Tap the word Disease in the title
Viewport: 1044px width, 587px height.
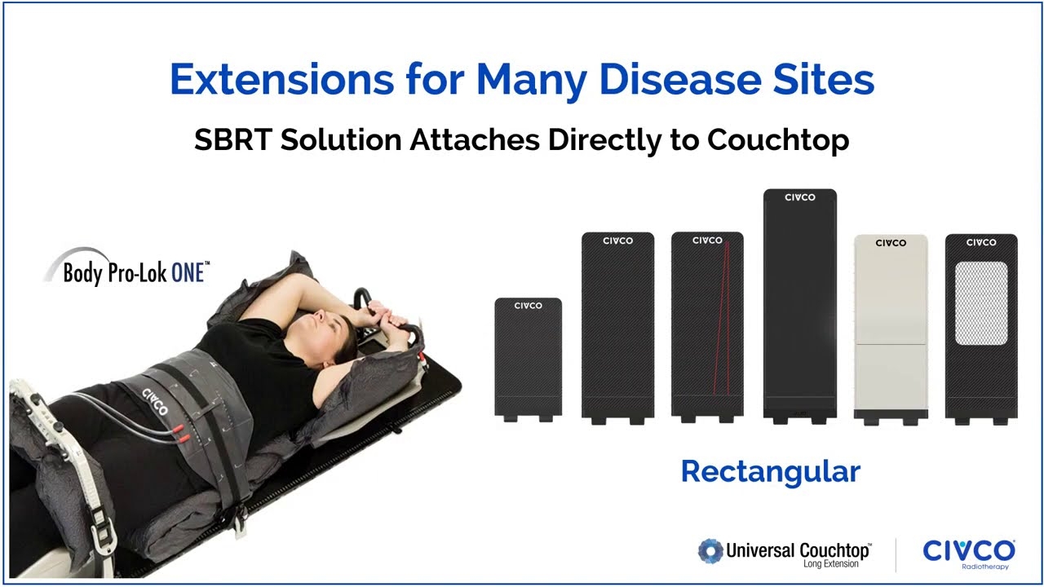click(x=680, y=79)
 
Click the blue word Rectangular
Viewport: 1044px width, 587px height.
click(x=771, y=472)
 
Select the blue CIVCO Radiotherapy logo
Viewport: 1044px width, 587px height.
click(x=969, y=554)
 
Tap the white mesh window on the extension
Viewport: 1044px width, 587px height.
click(x=981, y=303)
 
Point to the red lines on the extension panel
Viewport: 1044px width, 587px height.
click(x=722, y=319)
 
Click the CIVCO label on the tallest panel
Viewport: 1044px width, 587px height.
click(x=800, y=197)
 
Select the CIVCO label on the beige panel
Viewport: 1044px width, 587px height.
click(x=891, y=243)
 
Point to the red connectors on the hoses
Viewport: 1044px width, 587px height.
click(x=181, y=433)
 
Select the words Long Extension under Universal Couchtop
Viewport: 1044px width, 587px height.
click(x=830, y=563)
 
